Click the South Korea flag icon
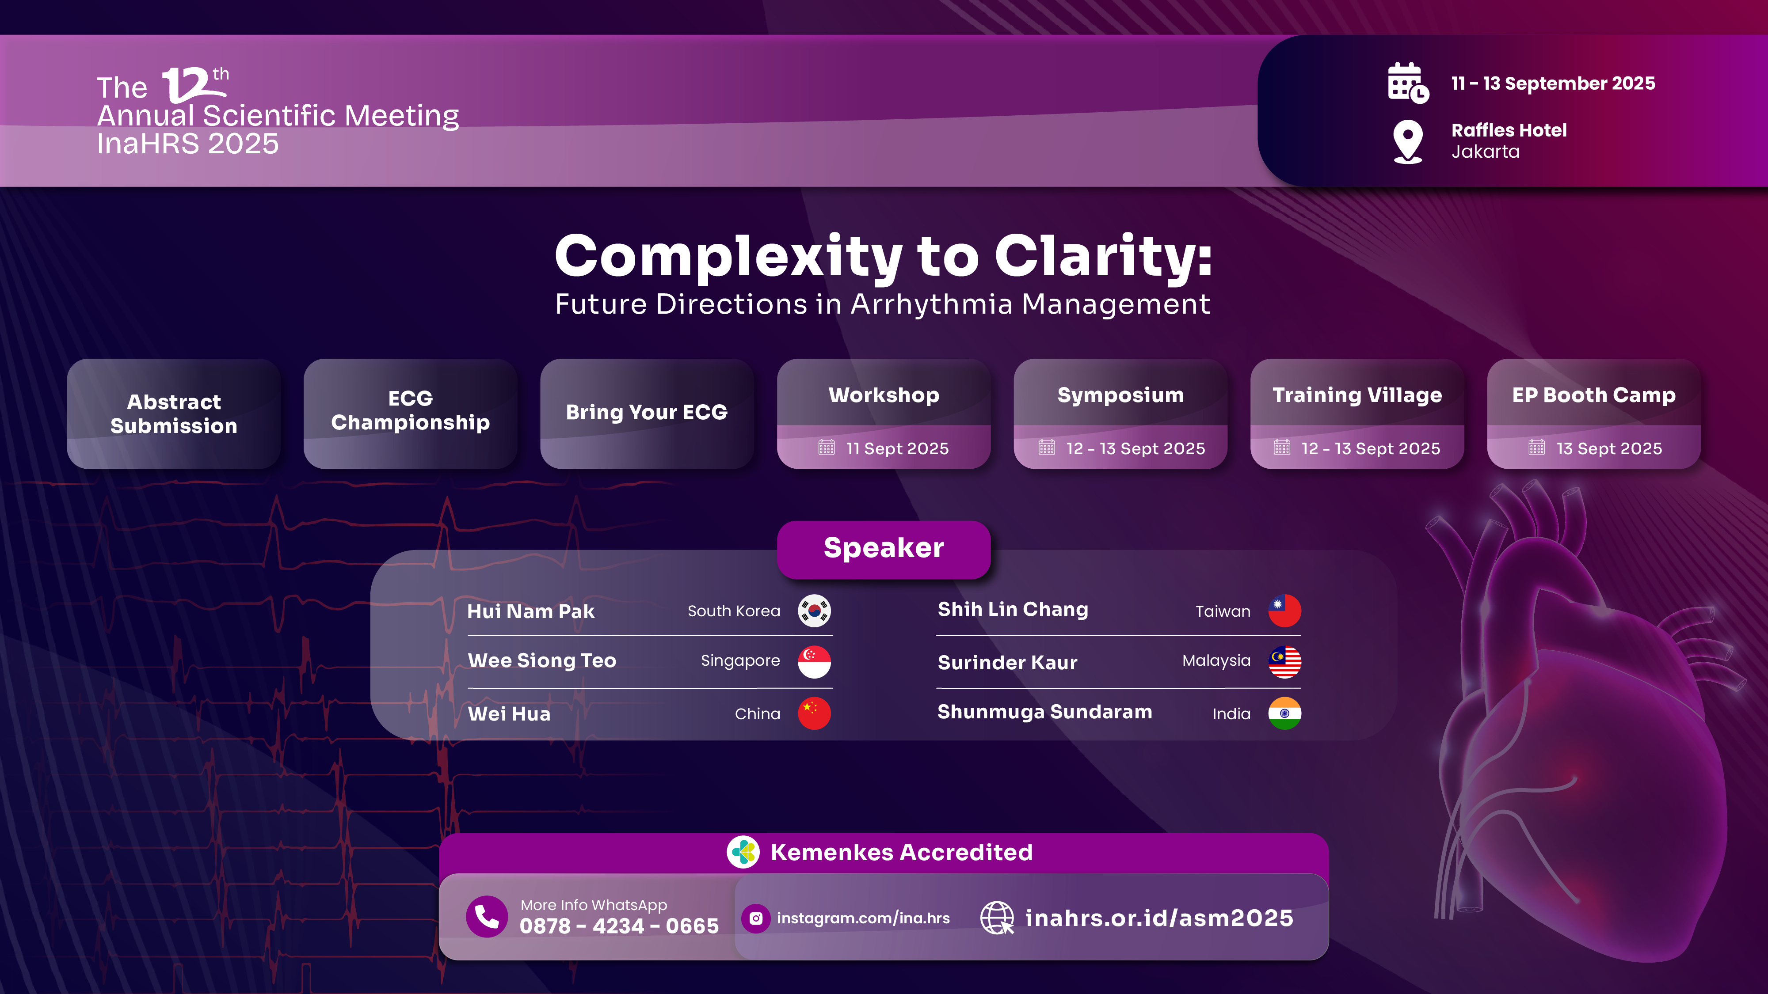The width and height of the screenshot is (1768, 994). (x=814, y=611)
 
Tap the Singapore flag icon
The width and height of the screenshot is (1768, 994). (x=814, y=661)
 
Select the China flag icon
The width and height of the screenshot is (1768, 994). (x=814, y=713)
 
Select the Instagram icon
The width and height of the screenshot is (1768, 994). (x=756, y=918)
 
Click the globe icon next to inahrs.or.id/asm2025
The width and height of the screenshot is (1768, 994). (x=997, y=918)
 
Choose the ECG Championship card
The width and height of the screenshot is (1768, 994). (x=411, y=414)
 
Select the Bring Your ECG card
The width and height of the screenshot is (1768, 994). (x=647, y=414)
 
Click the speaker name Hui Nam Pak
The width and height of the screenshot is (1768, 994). (x=530, y=611)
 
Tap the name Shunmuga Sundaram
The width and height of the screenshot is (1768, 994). (x=1044, y=712)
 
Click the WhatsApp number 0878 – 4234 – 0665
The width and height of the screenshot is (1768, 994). (x=619, y=926)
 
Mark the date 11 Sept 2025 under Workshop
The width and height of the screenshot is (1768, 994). (x=897, y=449)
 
